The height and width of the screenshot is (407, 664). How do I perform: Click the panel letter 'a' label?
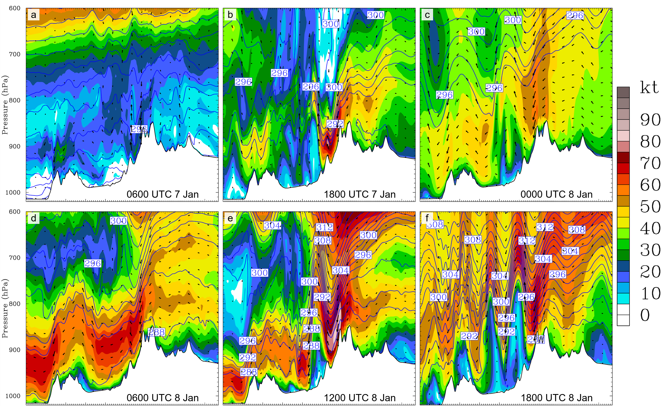point(33,15)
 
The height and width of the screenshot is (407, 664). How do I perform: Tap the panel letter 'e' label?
point(230,218)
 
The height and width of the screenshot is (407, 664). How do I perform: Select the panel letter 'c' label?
point(427,15)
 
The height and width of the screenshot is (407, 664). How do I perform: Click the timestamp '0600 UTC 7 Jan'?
point(162,194)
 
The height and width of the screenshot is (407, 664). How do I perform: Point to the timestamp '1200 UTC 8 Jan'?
point(359,398)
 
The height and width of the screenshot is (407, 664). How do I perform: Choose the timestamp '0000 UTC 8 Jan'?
point(556,194)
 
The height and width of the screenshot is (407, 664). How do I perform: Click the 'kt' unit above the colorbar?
point(649,88)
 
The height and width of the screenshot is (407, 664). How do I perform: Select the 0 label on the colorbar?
point(645,315)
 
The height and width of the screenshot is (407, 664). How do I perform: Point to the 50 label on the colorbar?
point(650,207)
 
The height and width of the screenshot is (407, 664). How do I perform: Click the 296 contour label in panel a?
point(139,129)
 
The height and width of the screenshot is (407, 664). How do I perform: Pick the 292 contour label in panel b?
point(335,124)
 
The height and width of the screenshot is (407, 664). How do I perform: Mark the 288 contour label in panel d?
point(156,332)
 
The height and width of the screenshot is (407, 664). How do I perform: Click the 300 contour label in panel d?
point(118,221)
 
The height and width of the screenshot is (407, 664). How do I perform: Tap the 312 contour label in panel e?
point(325,227)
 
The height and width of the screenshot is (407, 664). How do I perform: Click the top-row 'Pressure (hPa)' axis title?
point(5,105)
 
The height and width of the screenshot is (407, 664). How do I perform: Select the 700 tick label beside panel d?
point(15,258)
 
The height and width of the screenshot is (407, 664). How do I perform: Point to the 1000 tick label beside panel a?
point(13,192)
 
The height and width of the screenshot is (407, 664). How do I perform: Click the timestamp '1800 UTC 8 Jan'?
point(556,398)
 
